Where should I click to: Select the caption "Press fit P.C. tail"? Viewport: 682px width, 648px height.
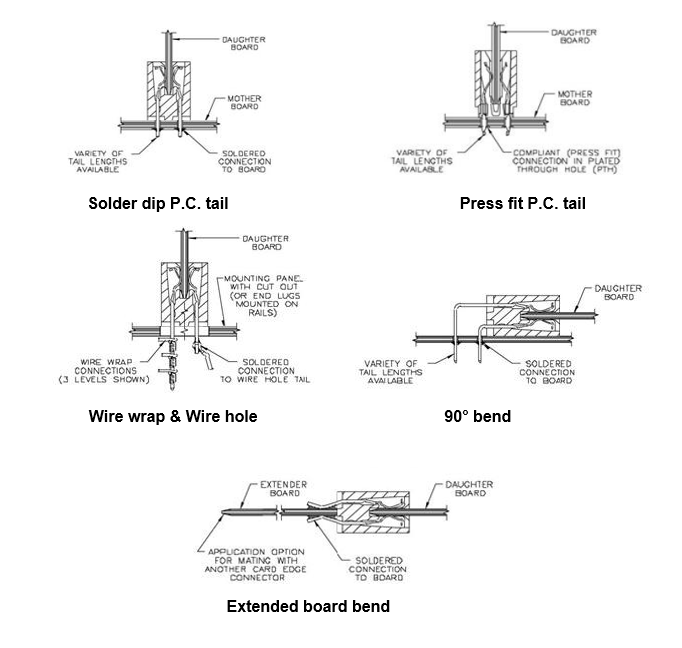click(522, 204)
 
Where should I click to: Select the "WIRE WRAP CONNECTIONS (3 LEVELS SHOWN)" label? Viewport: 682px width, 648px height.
click(110, 373)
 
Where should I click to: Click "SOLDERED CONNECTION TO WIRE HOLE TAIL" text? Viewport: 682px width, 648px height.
click(262, 373)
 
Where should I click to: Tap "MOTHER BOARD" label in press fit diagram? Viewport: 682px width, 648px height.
click(574, 97)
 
